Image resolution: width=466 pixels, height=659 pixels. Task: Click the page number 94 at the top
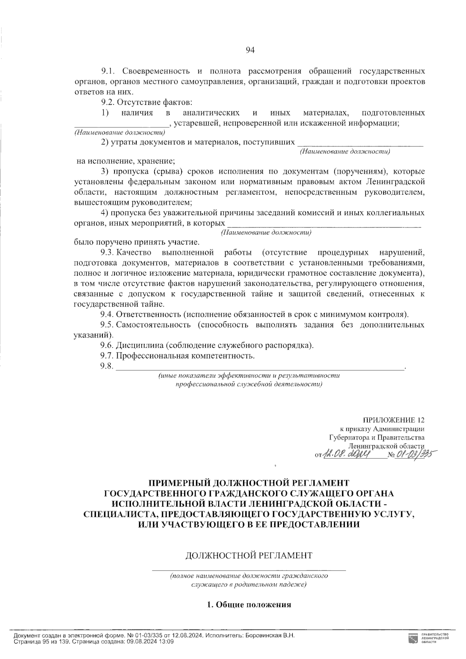[249, 50]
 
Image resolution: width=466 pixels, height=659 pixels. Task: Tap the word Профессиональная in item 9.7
[151, 356]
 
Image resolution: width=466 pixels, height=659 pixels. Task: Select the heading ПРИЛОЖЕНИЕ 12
[393, 420]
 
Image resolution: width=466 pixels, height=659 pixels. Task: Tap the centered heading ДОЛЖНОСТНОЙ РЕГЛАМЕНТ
[249, 555]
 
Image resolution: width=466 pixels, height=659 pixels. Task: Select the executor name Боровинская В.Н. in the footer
[271, 636]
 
